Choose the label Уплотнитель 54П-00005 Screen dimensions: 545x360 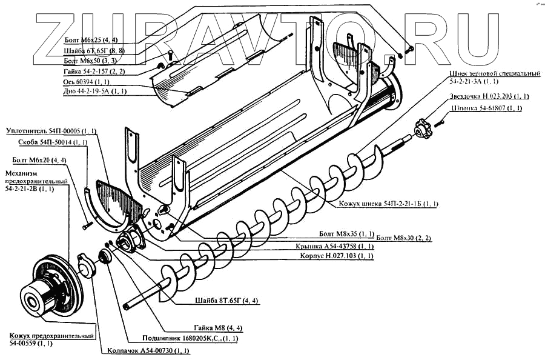click(51, 131)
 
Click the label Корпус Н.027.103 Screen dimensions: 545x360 click(336, 256)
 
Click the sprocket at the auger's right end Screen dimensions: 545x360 click(423, 128)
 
